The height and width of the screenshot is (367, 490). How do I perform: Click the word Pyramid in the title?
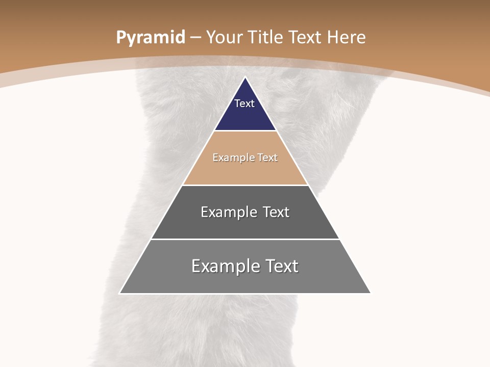(x=151, y=38)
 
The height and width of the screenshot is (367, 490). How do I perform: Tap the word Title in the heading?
(x=266, y=38)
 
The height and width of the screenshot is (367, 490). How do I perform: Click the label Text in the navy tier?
(x=244, y=103)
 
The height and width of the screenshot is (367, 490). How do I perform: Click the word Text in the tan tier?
(x=268, y=158)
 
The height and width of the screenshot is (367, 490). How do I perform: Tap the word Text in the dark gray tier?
(x=276, y=212)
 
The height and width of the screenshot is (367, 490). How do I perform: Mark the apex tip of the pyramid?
(x=245, y=78)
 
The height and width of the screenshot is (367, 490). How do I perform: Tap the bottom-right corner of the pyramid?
(x=370, y=293)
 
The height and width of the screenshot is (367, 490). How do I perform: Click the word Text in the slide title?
(x=305, y=38)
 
